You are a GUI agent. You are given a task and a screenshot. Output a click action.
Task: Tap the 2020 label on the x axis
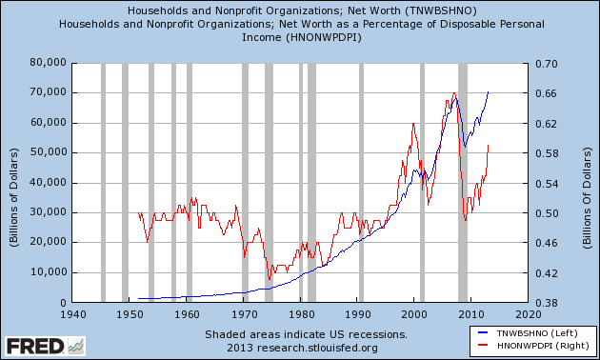526,312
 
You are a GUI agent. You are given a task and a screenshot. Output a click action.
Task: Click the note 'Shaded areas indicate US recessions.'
306,334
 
